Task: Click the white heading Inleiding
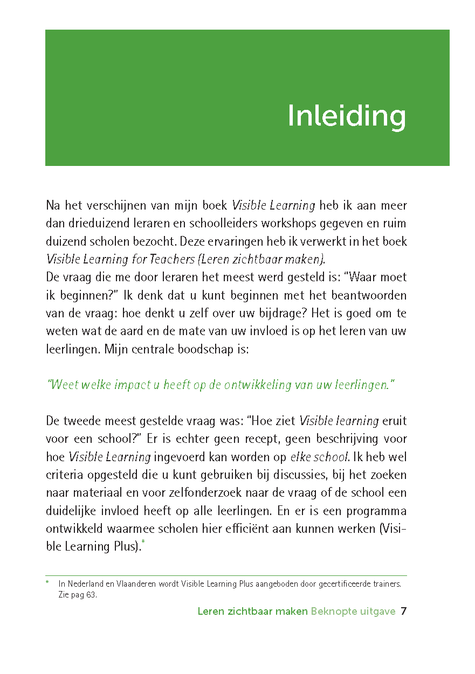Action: (347, 115)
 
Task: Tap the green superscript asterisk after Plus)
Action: (143, 542)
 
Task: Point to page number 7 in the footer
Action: (403, 612)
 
